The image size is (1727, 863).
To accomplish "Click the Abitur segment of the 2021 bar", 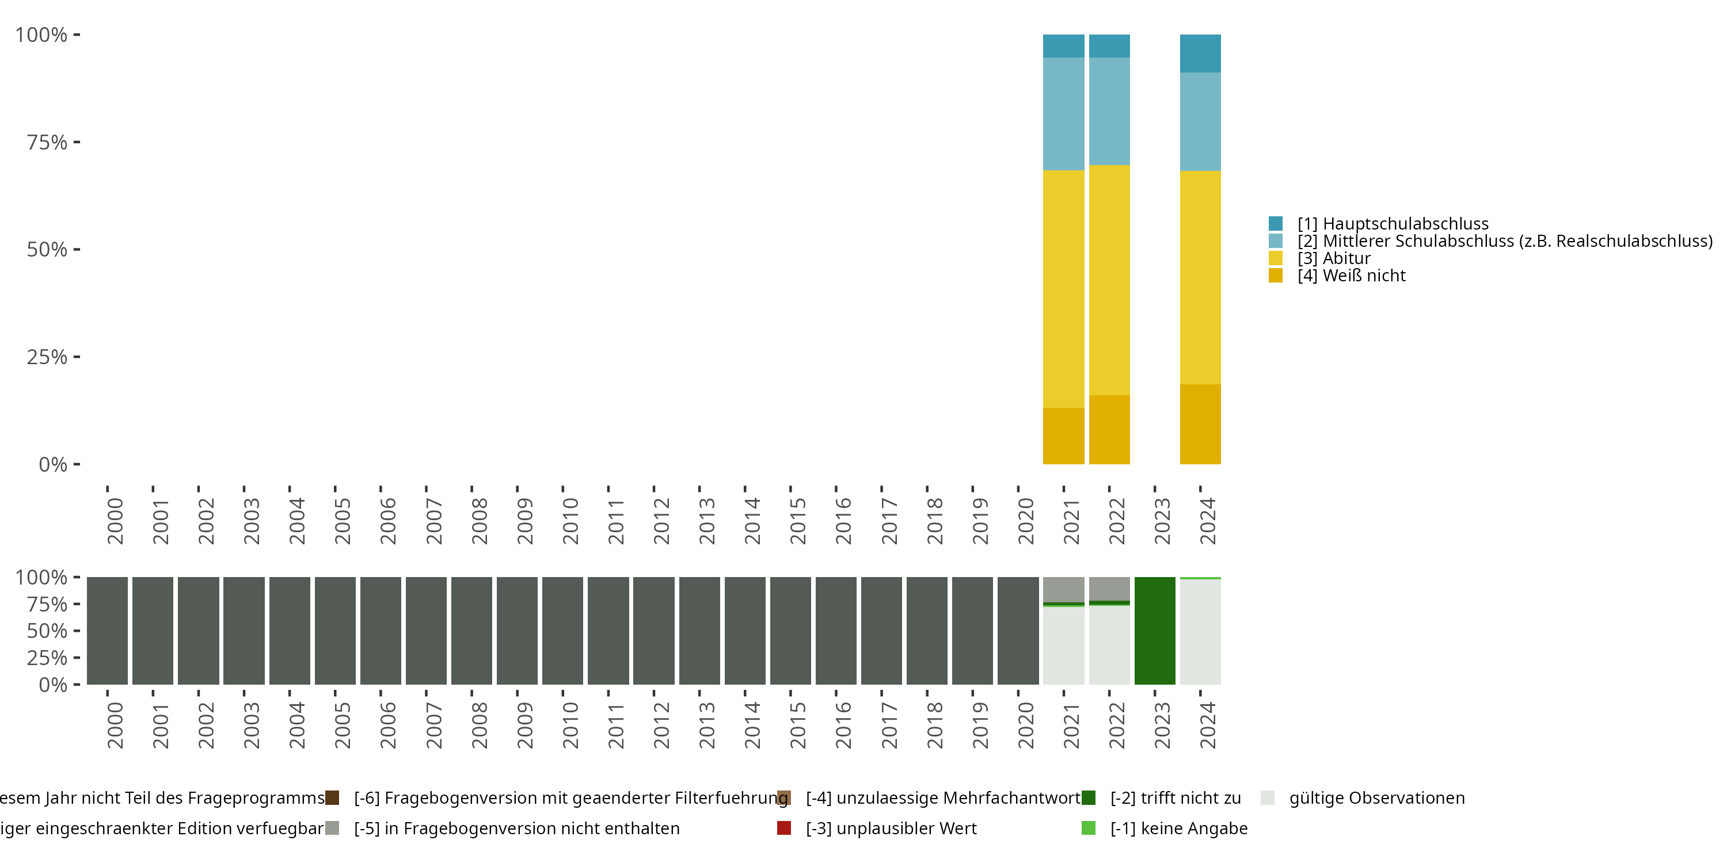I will point(1063,288).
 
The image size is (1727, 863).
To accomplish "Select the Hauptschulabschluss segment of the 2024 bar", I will point(1200,53).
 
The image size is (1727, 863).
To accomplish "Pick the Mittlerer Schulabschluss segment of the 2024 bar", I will point(1200,121).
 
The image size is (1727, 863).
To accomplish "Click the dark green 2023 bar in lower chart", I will point(1154,631).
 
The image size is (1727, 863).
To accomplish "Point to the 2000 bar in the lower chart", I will point(107,631).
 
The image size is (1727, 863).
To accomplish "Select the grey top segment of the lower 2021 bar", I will point(1063,589).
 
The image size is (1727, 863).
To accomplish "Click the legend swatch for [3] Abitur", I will point(1275,258).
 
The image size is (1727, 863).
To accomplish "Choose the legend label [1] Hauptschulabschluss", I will point(1393,224).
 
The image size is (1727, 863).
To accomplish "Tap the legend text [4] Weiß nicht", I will point(1351,276).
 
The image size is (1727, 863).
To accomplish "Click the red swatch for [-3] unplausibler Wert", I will point(783,828).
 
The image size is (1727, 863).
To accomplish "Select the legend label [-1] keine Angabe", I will point(1178,828).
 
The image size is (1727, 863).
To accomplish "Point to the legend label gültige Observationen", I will point(1376,798).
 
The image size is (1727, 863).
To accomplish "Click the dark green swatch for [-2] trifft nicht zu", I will point(1088,798).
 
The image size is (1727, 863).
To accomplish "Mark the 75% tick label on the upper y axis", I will point(47,142).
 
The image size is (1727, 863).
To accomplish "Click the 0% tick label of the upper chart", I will point(53,464).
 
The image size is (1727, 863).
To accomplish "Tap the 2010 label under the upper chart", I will point(570,521).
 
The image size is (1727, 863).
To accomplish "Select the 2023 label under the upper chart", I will point(1162,521).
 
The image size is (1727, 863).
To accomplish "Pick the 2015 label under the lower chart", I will point(798,725).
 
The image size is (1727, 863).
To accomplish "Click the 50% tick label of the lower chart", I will point(47,631).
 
